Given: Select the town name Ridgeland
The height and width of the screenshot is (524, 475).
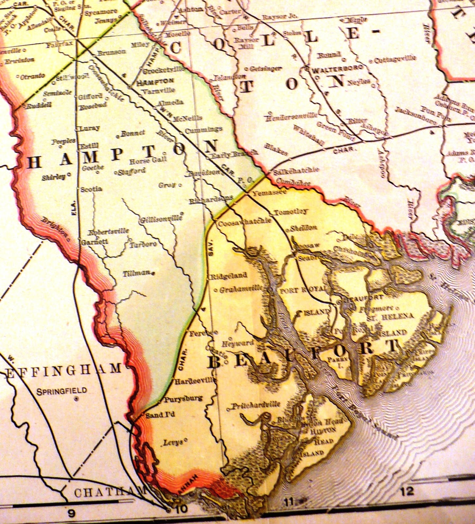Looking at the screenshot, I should (228, 276).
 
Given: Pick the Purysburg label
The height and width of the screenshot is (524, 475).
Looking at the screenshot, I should (183, 399).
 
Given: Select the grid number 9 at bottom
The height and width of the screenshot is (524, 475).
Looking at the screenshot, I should (71, 514).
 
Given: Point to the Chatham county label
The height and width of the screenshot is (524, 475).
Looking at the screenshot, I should (110, 492).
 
